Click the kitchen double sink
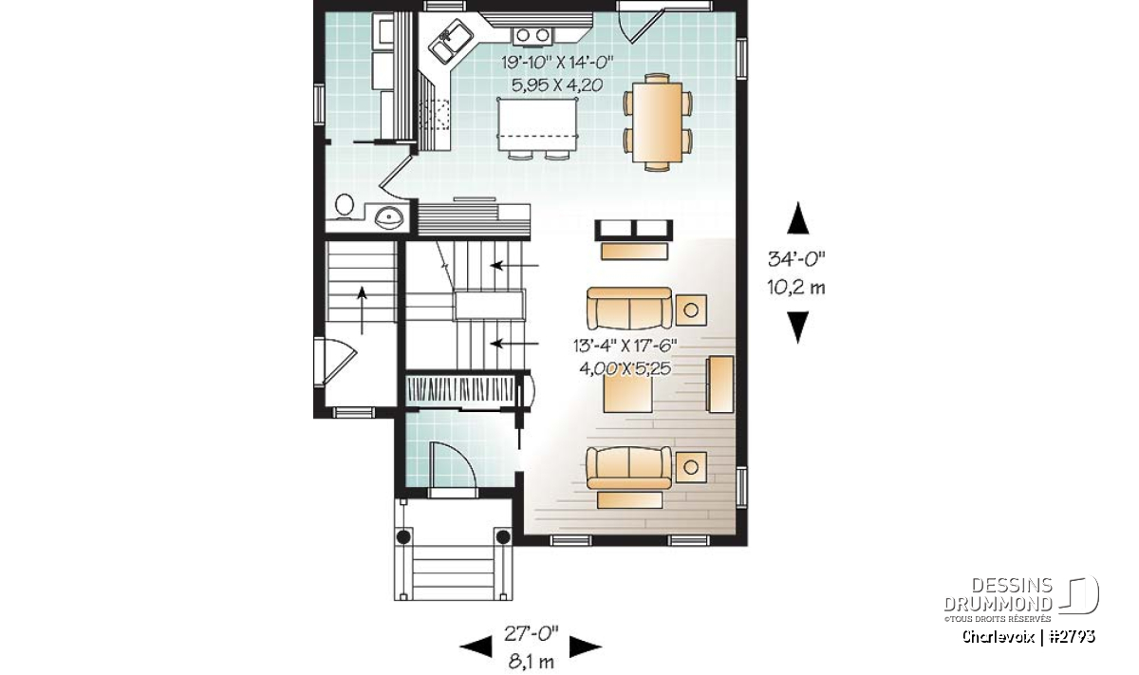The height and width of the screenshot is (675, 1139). tap(453, 42)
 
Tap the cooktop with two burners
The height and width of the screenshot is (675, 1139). tap(532, 35)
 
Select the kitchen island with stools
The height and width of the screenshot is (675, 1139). tap(538, 129)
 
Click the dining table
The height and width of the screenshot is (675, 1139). tap(658, 122)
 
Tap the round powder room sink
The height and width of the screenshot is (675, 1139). tap(389, 218)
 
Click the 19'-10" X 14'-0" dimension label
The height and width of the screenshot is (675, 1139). tap(558, 63)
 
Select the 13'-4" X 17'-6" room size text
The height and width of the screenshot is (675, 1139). tap(625, 346)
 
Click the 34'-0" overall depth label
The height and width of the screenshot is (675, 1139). tap(796, 260)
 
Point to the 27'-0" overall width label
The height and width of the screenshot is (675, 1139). tap(531, 634)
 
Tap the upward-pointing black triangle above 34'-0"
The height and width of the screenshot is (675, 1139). tap(798, 217)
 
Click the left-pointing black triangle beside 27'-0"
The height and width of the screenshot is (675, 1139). tap(476, 647)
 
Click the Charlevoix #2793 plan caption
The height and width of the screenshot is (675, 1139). tap(1028, 636)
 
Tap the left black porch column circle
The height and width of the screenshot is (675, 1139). tap(403, 536)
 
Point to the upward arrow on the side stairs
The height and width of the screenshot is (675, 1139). tap(362, 310)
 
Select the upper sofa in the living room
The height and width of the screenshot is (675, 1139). tap(629, 309)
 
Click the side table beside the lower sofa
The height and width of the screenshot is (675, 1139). tap(691, 467)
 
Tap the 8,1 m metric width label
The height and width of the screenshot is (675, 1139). tap(531, 662)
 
